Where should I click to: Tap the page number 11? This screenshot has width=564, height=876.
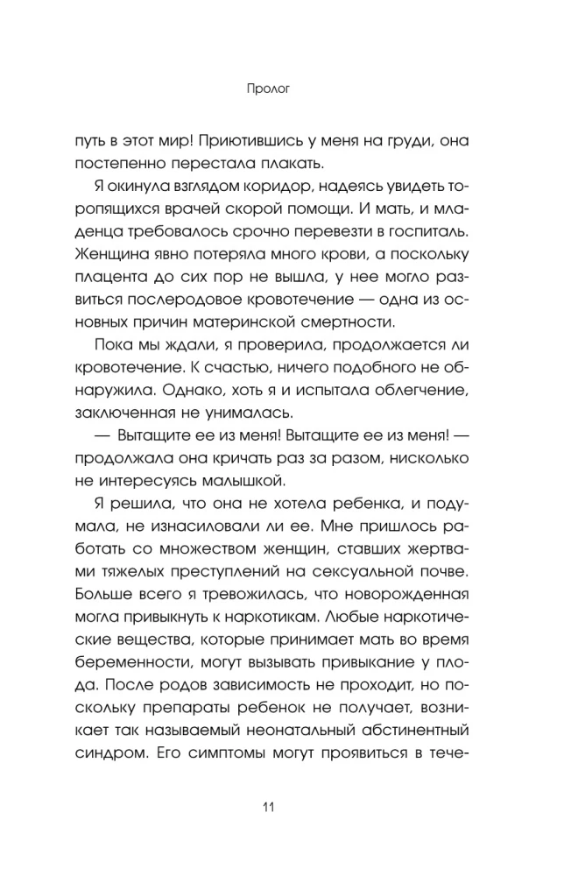click(281, 807)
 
